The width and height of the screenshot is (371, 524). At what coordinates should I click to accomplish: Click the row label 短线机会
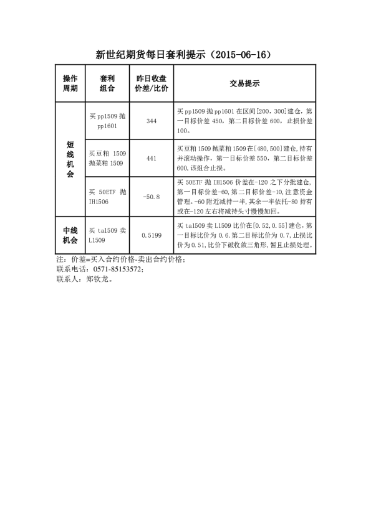click(70, 159)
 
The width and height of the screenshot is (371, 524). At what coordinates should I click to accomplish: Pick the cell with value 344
click(151, 121)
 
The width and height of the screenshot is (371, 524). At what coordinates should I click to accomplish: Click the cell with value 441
click(151, 159)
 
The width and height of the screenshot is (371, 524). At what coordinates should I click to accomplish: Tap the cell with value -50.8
click(151, 197)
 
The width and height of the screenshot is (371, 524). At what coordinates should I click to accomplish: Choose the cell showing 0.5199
click(151, 235)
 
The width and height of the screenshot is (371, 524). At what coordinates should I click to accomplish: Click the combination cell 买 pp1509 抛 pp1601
click(107, 121)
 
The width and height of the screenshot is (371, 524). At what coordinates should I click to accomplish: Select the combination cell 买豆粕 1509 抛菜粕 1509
click(107, 159)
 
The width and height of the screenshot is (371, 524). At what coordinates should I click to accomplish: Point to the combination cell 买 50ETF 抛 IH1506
click(107, 197)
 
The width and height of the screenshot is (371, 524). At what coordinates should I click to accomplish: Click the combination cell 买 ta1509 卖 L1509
click(107, 235)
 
